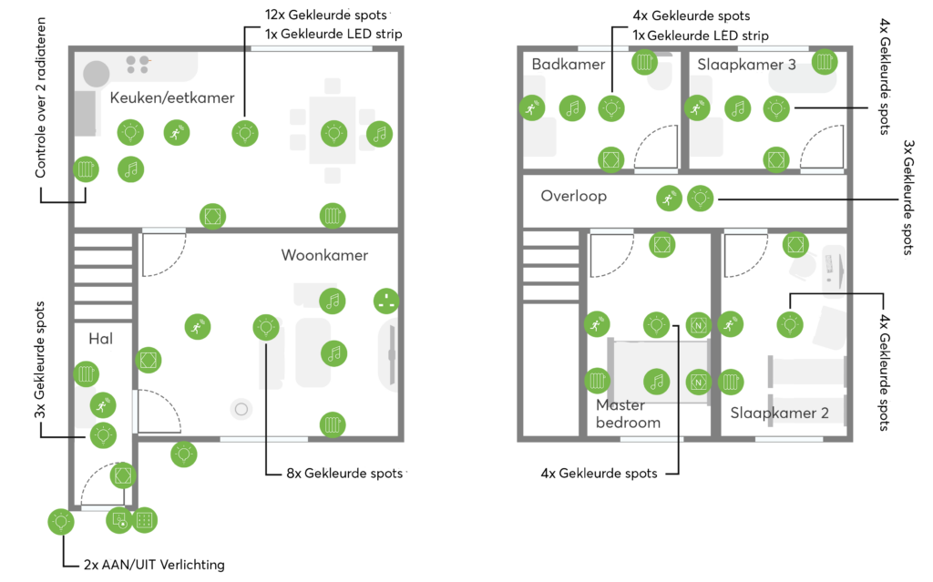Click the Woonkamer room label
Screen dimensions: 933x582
pyautogui.click(x=324, y=255)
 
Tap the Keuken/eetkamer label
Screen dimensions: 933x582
pyautogui.click(x=172, y=97)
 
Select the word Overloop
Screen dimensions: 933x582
pyautogui.click(x=574, y=197)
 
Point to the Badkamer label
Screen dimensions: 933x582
pyautogui.click(x=569, y=65)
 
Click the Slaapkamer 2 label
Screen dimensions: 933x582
pyautogui.click(x=780, y=413)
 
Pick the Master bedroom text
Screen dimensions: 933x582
pyautogui.click(x=628, y=414)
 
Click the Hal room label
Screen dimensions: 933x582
pyautogui.click(x=100, y=339)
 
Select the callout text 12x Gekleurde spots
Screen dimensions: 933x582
pyautogui.click(x=326, y=15)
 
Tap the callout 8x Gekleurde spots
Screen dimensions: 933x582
pyautogui.click(x=344, y=474)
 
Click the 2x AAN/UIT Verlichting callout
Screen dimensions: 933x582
pyautogui.click(x=154, y=565)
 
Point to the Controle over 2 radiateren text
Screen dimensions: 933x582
pyautogui.click(x=40, y=97)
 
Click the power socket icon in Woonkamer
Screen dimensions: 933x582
pyautogui.click(x=386, y=301)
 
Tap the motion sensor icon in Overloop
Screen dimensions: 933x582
pyautogui.click(x=669, y=199)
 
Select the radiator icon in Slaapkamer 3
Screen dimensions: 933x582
pyautogui.click(x=824, y=61)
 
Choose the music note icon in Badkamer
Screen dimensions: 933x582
pyautogui.click(x=572, y=108)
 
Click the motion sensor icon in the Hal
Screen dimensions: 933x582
pyautogui.click(x=103, y=406)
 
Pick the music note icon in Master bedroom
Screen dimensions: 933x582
pyautogui.click(x=656, y=382)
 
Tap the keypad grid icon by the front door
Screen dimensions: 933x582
pyautogui.click(x=144, y=520)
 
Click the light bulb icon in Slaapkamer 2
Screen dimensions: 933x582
pyautogui.click(x=790, y=324)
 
